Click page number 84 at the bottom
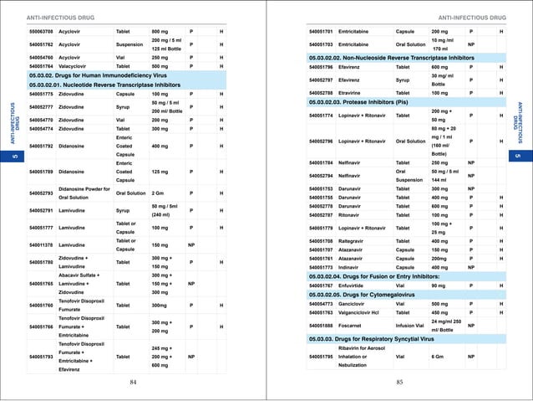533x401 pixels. tap(133, 382)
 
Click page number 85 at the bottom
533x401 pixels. tap(399, 382)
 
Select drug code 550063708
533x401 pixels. tap(42, 31)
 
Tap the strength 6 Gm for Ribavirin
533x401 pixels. tap(437, 357)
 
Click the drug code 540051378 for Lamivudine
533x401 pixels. tap(42, 244)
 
